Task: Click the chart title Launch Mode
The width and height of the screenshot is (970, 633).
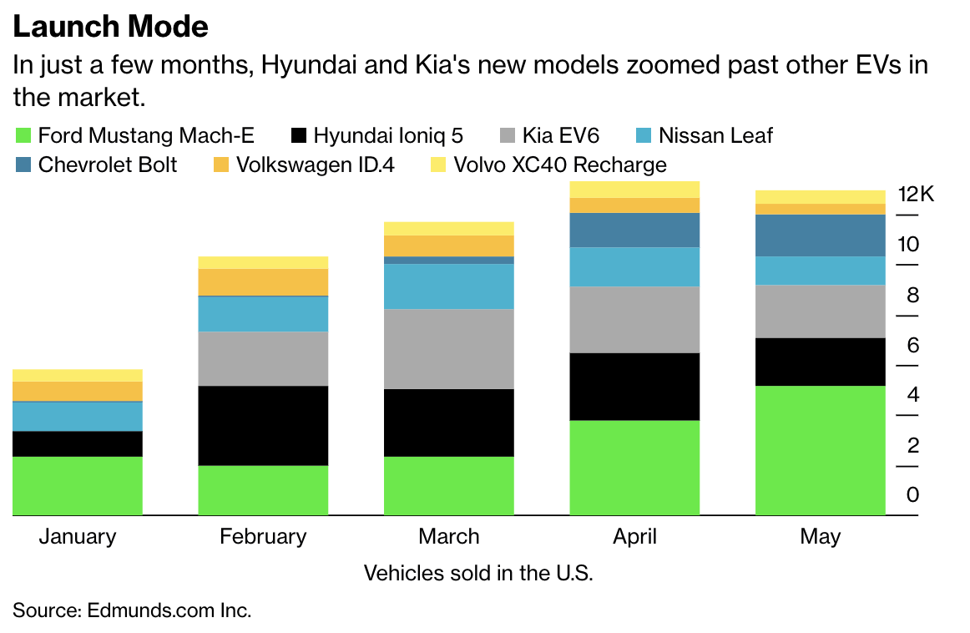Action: click(x=110, y=27)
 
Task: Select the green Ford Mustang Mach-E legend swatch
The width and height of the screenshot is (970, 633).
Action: click(x=23, y=135)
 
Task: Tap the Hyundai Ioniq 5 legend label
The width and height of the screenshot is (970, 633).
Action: click(x=388, y=135)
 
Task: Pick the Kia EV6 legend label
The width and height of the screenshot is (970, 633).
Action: click(x=561, y=135)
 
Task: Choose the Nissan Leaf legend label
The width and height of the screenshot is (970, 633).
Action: click(x=715, y=135)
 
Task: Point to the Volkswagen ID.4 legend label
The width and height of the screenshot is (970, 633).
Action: click(x=315, y=164)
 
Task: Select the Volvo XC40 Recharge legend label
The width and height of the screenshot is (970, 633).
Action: click(x=559, y=164)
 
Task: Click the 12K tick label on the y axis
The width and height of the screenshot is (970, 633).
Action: click(x=916, y=195)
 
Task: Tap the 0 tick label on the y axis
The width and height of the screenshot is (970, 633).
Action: click(x=912, y=495)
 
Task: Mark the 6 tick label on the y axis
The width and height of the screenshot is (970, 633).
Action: click(x=912, y=345)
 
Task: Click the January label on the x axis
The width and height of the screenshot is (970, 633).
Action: click(x=78, y=536)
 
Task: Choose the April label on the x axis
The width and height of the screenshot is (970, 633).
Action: click(x=634, y=536)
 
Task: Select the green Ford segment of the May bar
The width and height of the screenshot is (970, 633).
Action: click(x=821, y=450)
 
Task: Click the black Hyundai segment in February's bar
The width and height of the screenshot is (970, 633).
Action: click(x=263, y=425)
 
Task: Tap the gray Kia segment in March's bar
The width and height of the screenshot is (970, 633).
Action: click(x=448, y=348)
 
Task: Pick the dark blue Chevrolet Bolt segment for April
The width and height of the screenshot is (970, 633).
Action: click(x=634, y=230)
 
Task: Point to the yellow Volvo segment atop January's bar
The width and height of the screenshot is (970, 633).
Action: click(x=78, y=375)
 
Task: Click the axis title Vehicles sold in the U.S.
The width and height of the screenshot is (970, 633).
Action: click(x=478, y=574)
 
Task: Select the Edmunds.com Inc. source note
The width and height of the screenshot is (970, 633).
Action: click(x=132, y=610)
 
